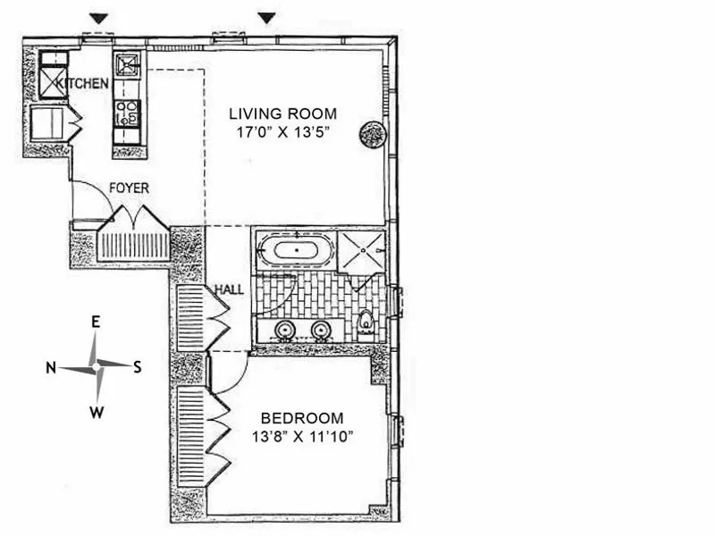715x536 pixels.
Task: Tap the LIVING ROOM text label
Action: [x=282, y=113]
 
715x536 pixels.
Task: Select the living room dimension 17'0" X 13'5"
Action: [x=282, y=131]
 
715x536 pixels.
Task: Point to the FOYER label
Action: [x=129, y=188]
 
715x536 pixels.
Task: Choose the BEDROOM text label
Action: [x=301, y=418]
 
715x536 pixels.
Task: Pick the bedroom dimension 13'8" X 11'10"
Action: [x=301, y=436]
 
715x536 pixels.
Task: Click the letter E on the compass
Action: [x=96, y=322]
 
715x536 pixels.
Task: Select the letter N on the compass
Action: [x=52, y=367]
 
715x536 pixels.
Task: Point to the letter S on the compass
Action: [x=137, y=366]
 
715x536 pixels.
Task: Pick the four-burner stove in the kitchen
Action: [x=127, y=113]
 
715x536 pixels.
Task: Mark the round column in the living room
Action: [x=372, y=134]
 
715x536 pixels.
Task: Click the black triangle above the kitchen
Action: [x=99, y=19]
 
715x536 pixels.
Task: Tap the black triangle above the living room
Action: [x=265, y=19]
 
